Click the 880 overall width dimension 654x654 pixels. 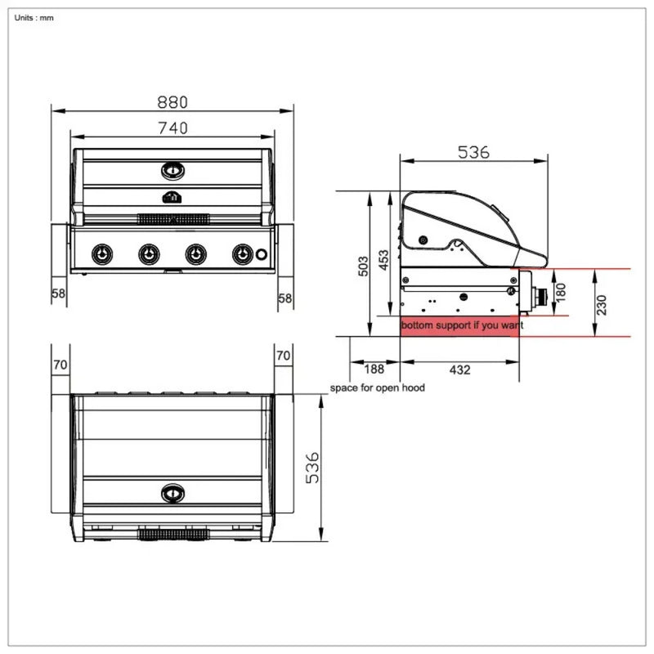(172, 102)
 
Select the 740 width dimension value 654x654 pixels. (172, 128)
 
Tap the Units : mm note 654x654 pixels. (34, 18)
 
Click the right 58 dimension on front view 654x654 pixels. (284, 298)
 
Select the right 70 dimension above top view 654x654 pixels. (283, 356)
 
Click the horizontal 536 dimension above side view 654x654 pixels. (473, 152)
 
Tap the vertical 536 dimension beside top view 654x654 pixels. (312, 467)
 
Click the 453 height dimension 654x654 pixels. (383, 260)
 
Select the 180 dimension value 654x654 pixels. (561, 292)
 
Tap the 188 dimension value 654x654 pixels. (374, 370)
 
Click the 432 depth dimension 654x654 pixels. (459, 370)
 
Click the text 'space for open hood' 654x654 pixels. (377, 387)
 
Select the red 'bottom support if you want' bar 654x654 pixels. (460, 326)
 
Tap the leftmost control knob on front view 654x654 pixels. (101, 254)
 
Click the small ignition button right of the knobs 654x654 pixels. (262, 254)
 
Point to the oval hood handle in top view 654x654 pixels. (172, 493)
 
